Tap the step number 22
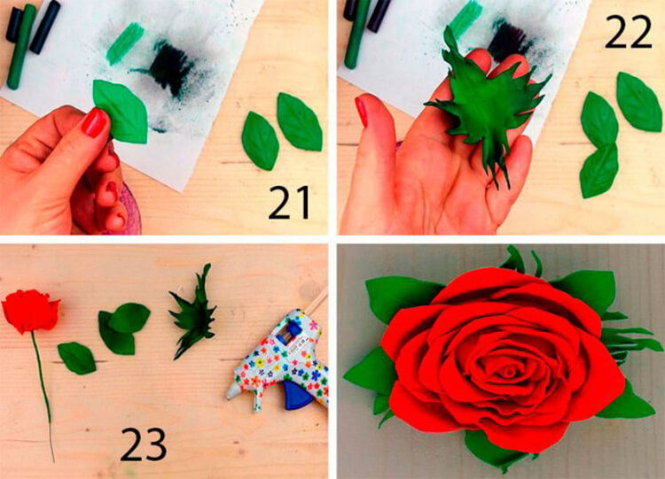pos(628,32)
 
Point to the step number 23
pos(143,444)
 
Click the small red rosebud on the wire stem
pos(30,311)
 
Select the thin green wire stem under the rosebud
pos(43,395)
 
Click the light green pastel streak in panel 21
pos(125,43)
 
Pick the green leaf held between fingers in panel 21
pos(121,112)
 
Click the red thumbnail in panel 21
pos(95,122)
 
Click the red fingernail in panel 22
pos(363,111)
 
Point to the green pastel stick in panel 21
pos(20,47)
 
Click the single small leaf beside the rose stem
pos(77,359)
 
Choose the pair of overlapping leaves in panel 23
pos(123,328)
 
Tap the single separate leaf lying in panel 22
pos(639,102)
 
